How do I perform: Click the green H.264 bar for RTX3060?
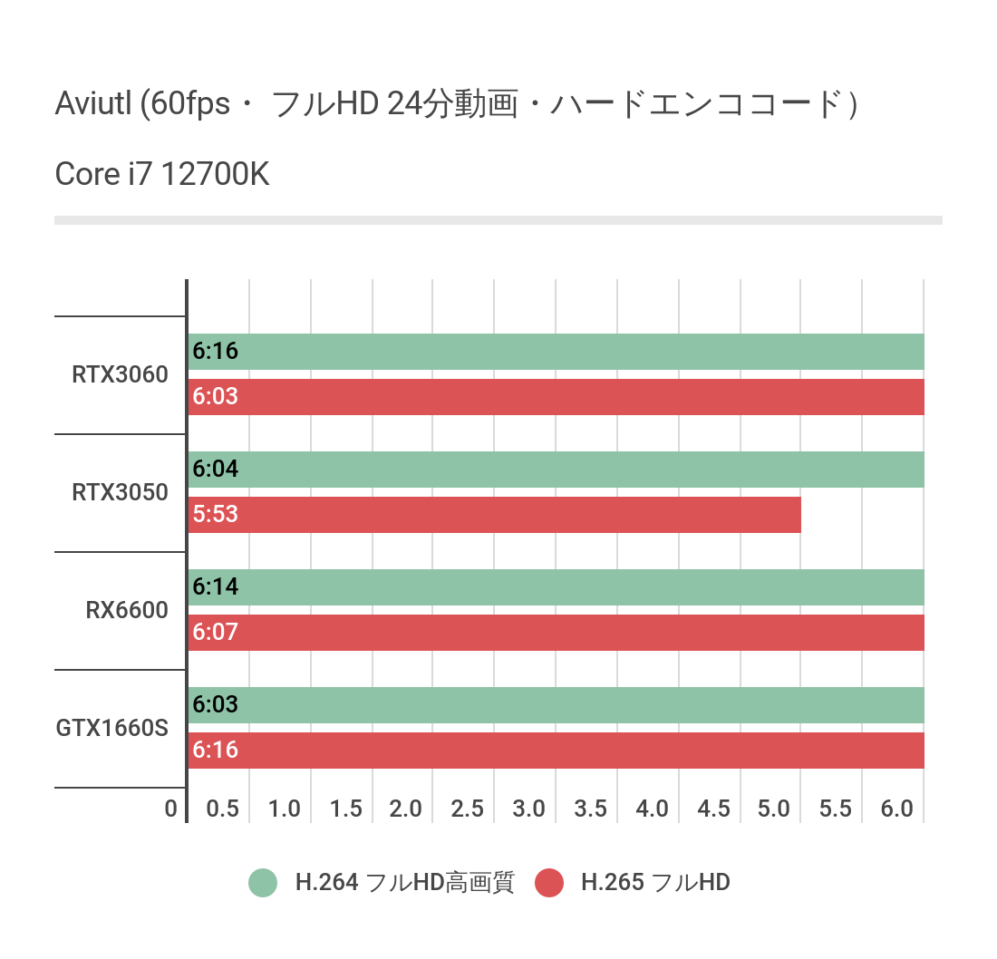click(x=556, y=352)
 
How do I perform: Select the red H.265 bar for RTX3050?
click(x=495, y=515)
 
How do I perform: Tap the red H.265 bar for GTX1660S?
click(x=556, y=751)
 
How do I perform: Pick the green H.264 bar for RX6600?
click(x=556, y=587)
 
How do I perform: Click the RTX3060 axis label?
click(x=121, y=374)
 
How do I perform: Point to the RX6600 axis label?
click(x=128, y=610)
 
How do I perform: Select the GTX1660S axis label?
click(x=112, y=728)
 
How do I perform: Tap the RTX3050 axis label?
click(x=121, y=492)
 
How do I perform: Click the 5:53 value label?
click(x=215, y=515)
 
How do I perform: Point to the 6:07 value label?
click(x=215, y=633)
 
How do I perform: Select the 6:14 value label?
click(x=215, y=587)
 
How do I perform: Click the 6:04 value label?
click(x=215, y=470)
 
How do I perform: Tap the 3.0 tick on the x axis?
click(x=528, y=809)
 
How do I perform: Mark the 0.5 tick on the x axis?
click(x=223, y=809)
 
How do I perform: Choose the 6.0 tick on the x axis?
click(x=897, y=809)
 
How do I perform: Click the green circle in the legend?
click(x=263, y=882)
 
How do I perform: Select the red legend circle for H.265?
click(x=549, y=882)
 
